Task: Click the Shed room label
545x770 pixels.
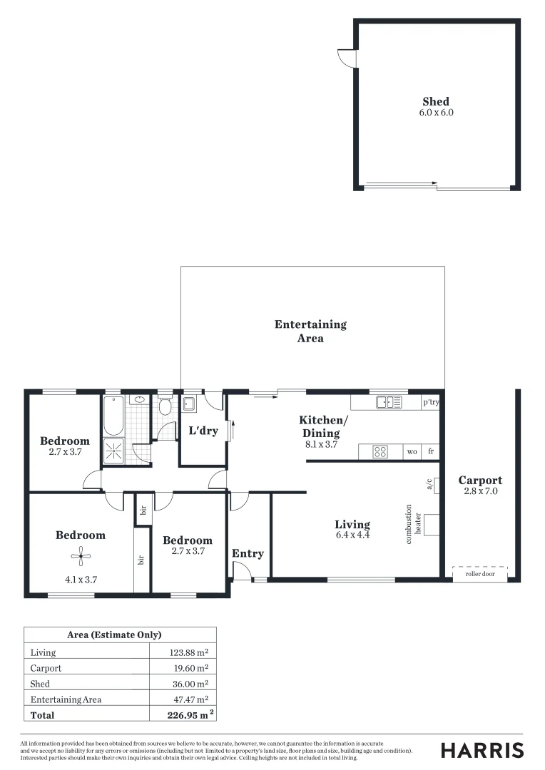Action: point(436,102)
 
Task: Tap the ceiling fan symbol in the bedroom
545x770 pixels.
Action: point(81,557)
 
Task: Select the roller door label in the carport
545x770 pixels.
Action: point(479,573)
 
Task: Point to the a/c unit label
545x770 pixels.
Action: point(430,485)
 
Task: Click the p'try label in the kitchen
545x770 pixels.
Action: point(430,403)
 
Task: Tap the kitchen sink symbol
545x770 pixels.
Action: point(389,403)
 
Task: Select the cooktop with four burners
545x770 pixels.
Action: point(380,451)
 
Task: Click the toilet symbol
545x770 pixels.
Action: point(165,406)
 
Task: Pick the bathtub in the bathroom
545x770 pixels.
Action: point(114,416)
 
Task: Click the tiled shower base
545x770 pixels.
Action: point(114,451)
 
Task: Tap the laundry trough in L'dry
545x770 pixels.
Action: point(189,404)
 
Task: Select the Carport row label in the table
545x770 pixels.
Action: point(46,668)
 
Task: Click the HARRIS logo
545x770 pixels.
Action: point(482,750)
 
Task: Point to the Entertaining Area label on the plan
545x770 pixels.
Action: point(310,332)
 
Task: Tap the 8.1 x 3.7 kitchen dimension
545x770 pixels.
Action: point(321,444)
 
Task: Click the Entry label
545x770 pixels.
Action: point(248,553)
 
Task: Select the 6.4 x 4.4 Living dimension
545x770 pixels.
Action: point(352,535)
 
